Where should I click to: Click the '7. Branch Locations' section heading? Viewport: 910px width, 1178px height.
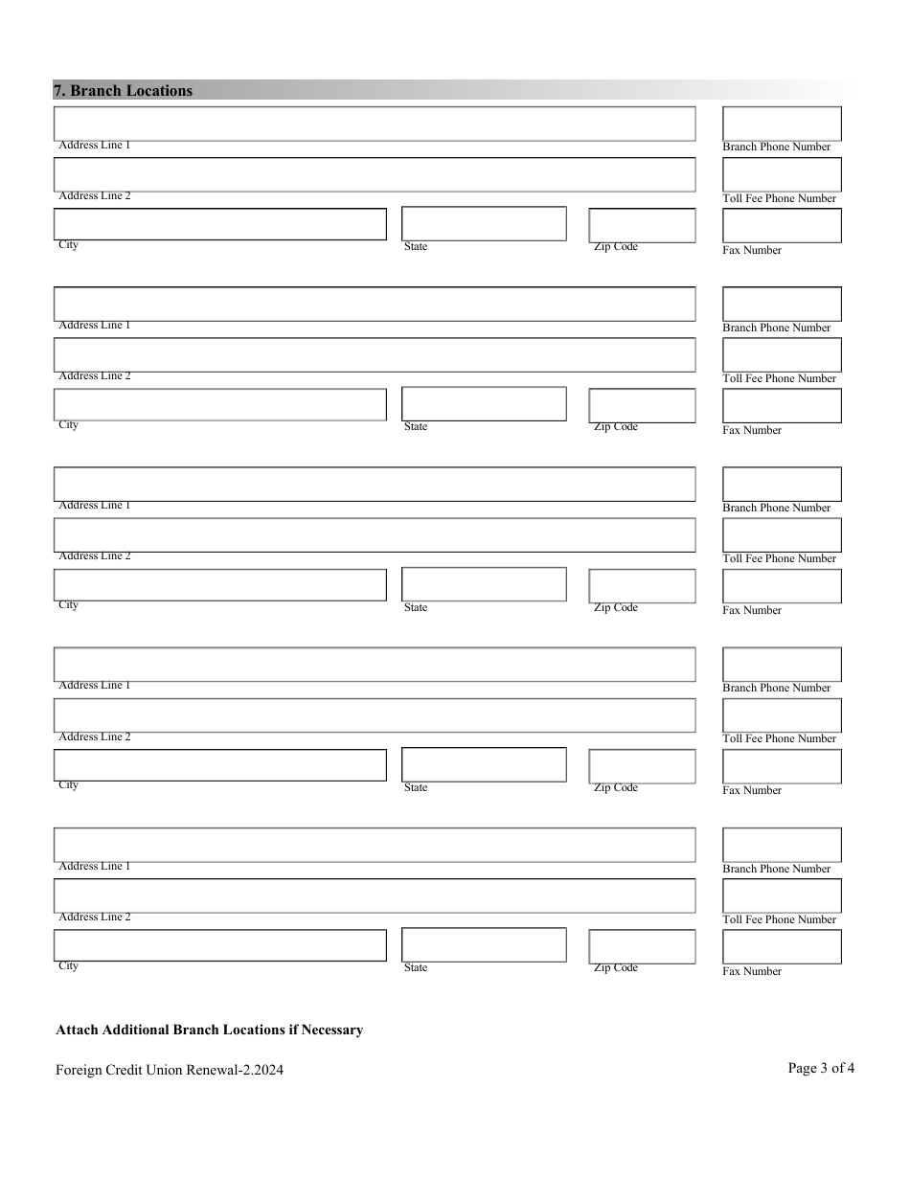tap(123, 91)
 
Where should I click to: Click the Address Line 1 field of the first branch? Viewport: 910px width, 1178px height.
tap(374, 124)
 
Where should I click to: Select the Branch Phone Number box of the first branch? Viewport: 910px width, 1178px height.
tap(782, 124)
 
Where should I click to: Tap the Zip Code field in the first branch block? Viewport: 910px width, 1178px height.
tap(642, 225)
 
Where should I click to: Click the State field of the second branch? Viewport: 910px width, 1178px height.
tap(484, 404)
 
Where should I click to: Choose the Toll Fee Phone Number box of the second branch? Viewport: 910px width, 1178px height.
tap(782, 354)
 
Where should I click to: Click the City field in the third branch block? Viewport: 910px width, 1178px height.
tap(219, 585)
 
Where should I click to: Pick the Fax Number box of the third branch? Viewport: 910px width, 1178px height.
tap(782, 586)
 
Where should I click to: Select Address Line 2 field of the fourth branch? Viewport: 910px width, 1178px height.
tap(374, 715)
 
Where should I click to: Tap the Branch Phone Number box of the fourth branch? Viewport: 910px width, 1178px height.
tap(782, 665)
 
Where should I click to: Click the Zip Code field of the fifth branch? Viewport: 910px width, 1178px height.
tap(642, 946)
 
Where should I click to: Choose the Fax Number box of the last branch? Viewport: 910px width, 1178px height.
tap(782, 946)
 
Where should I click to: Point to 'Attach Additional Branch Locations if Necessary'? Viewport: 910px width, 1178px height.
tap(210, 1031)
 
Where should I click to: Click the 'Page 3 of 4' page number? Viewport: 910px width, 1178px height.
tap(821, 1068)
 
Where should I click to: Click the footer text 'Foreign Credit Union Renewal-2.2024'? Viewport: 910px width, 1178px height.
tap(170, 1070)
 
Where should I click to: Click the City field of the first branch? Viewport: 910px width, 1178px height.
tap(219, 224)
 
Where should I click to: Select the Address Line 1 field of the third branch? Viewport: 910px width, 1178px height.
tap(374, 484)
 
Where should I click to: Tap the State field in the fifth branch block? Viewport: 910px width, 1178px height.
tap(484, 944)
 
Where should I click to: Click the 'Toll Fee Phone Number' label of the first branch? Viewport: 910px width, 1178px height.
tap(779, 198)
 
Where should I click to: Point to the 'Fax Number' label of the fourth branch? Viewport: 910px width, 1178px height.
tap(752, 790)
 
